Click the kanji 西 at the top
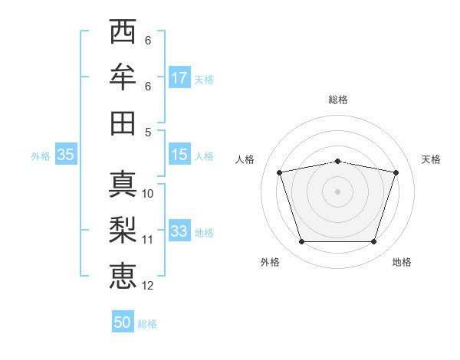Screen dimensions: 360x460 pyautogui.click(x=123, y=32)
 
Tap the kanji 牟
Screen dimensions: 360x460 pyautogui.click(x=123, y=77)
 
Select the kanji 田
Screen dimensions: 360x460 pyautogui.click(x=123, y=123)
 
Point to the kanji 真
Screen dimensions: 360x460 pyautogui.click(x=123, y=183)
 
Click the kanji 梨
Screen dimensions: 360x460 pyautogui.click(x=123, y=229)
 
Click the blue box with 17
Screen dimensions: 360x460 pyautogui.click(x=179, y=78)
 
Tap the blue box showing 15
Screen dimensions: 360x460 pyautogui.click(x=179, y=155)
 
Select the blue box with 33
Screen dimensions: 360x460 pyautogui.click(x=179, y=231)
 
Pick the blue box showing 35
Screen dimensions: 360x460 pyautogui.click(x=65, y=155)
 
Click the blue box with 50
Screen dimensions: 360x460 pyautogui.click(x=123, y=323)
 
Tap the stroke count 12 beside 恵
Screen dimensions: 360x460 pyautogui.click(x=148, y=286)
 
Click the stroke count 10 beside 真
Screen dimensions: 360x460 pyautogui.click(x=148, y=194)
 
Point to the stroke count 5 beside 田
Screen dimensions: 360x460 pyautogui.click(x=148, y=132)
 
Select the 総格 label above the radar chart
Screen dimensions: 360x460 pyautogui.click(x=338, y=100)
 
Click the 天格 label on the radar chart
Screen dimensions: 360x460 pyautogui.click(x=431, y=159)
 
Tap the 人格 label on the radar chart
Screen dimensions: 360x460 pyautogui.click(x=245, y=159)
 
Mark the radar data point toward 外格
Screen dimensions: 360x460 pyautogui.click(x=301, y=242)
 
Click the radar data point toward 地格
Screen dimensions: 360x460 pyautogui.click(x=374, y=242)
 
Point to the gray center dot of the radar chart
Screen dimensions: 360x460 pyautogui.click(x=337, y=191)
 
